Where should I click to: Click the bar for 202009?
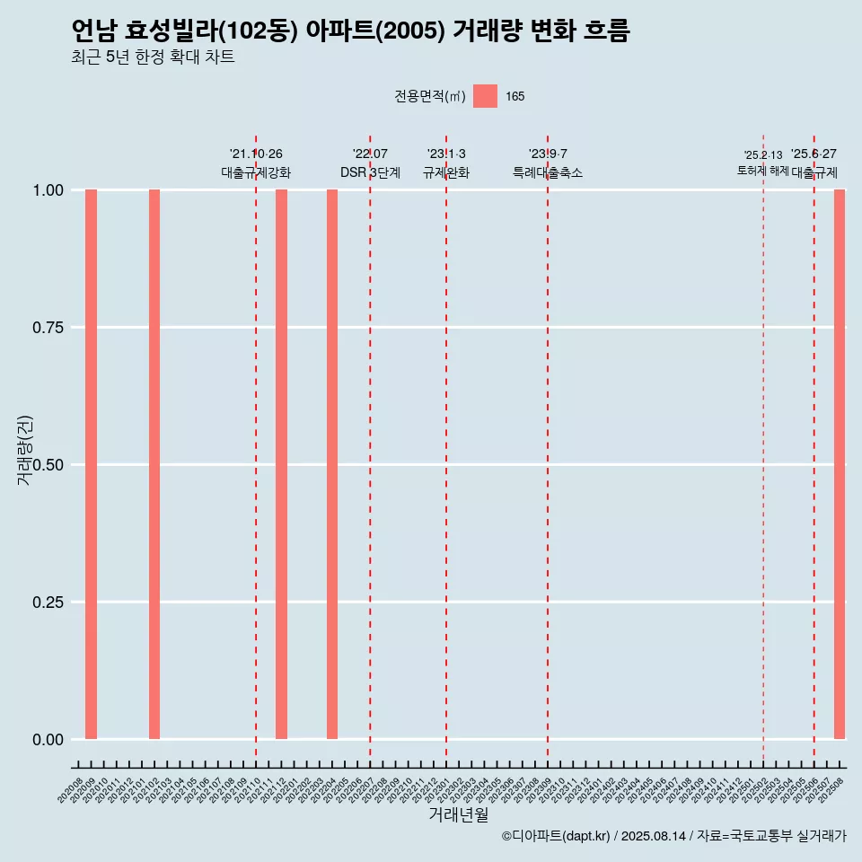(x=91, y=464)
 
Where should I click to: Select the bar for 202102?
(x=154, y=464)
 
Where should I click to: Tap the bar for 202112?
(x=281, y=464)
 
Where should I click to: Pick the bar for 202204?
(x=332, y=464)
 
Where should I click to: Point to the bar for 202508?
(x=840, y=464)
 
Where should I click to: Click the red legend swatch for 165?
(x=485, y=96)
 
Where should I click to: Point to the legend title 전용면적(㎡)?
(x=430, y=96)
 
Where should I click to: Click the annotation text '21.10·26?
(x=256, y=154)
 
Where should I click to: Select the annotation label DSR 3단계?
(x=370, y=172)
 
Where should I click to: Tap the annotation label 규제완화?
(x=446, y=172)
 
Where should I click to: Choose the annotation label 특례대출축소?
(x=548, y=172)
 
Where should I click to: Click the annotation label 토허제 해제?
(x=763, y=171)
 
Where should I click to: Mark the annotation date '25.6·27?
(x=814, y=154)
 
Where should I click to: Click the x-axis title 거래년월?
(x=458, y=814)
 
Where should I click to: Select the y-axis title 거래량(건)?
(x=24, y=450)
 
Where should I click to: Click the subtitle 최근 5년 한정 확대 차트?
(x=153, y=57)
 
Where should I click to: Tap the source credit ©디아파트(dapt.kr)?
(x=556, y=836)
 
